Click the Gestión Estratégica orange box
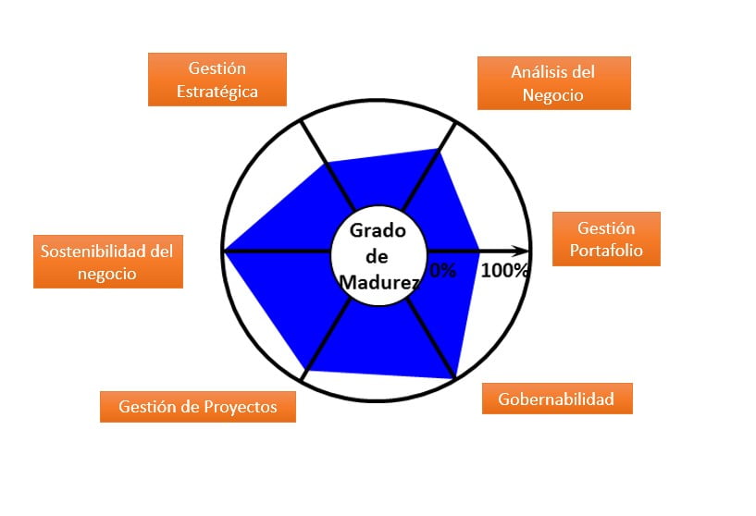(x=217, y=80)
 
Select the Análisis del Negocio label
(x=553, y=83)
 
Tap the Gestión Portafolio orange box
(x=606, y=239)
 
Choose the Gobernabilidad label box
(x=557, y=399)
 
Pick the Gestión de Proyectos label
(x=198, y=407)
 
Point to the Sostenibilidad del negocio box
(x=107, y=262)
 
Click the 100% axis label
(x=504, y=271)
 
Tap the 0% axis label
(x=443, y=271)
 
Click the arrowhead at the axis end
(x=525, y=250)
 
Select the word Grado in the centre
(x=378, y=231)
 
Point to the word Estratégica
(x=217, y=92)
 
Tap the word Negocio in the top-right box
(x=553, y=95)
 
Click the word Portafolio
(x=606, y=251)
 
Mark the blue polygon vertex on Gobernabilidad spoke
(x=455, y=377)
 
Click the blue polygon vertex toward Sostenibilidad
(x=226, y=250)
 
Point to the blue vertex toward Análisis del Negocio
(x=439, y=149)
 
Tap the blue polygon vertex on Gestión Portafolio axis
(x=480, y=250)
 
